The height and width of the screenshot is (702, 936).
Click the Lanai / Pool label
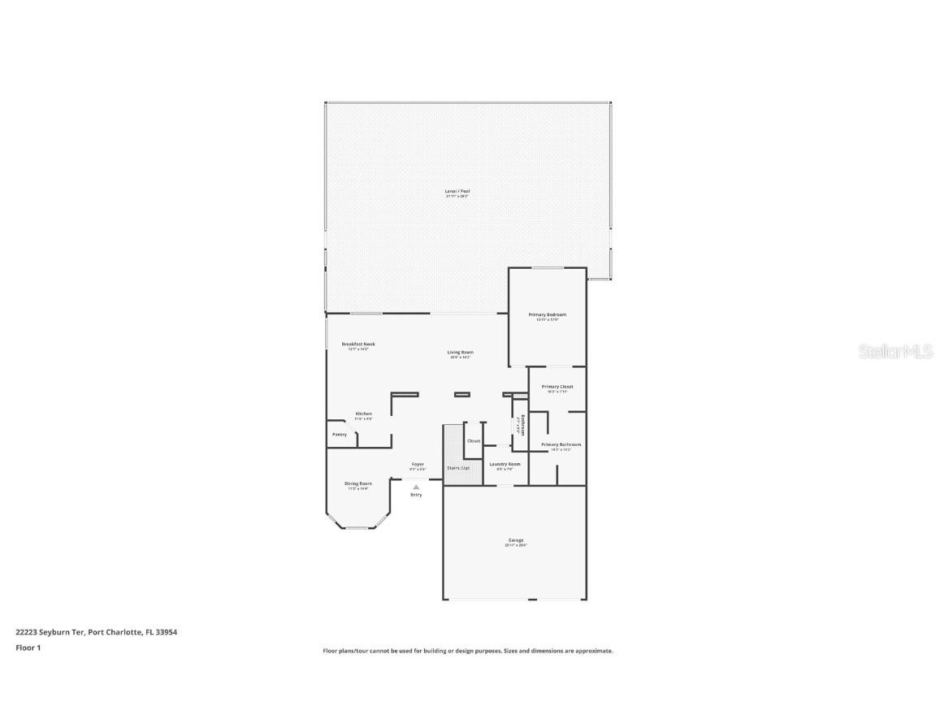(457, 191)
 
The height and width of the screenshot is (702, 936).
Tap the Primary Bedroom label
(547, 314)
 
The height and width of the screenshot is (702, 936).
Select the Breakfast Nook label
(358, 344)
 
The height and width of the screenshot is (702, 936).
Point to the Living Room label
(460, 353)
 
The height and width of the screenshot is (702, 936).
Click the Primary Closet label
(557, 387)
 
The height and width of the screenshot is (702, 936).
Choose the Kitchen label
(363, 414)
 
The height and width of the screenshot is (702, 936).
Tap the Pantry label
(340, 434)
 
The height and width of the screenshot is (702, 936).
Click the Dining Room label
(358, 483)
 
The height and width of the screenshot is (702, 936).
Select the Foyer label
(418, 464)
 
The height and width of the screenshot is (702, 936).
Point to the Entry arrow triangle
(416, 487)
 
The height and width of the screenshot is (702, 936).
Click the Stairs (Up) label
(458, 467)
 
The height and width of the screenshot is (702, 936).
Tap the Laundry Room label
(505, 464)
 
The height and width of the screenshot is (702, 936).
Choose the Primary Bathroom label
(561, 444)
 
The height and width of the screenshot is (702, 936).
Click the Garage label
(516, 539)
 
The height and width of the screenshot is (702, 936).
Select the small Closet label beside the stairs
(474, 440)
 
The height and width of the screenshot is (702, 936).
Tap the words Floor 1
(28, 648)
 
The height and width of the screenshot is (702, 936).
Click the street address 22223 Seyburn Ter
(50, 631)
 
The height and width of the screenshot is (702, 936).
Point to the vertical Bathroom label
(522, 426)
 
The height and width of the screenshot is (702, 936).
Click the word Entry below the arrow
(416, 495)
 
